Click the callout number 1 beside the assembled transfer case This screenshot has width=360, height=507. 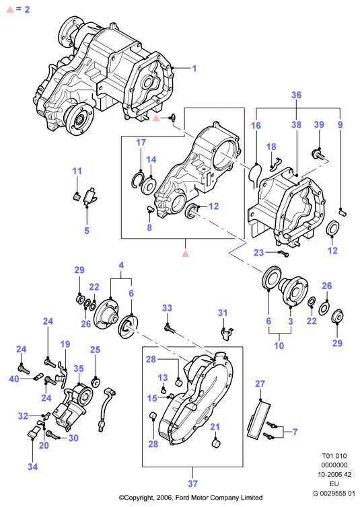194,69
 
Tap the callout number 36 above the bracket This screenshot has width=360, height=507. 296,95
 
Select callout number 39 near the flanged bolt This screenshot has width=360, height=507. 319,124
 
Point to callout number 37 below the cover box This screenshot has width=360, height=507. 192,483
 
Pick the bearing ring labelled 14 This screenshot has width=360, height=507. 150,186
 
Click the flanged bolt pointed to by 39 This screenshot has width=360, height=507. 319,154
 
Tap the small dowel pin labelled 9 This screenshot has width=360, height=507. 343,212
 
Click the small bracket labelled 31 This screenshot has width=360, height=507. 226,333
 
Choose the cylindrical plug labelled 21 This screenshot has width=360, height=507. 216,443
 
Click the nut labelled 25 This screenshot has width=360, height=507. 96,383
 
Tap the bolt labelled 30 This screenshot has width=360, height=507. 52,434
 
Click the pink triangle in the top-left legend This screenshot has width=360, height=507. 10,9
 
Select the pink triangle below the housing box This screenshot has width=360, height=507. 185,253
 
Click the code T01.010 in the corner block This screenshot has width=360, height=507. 334,456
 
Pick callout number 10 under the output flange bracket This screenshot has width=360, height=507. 279,346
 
